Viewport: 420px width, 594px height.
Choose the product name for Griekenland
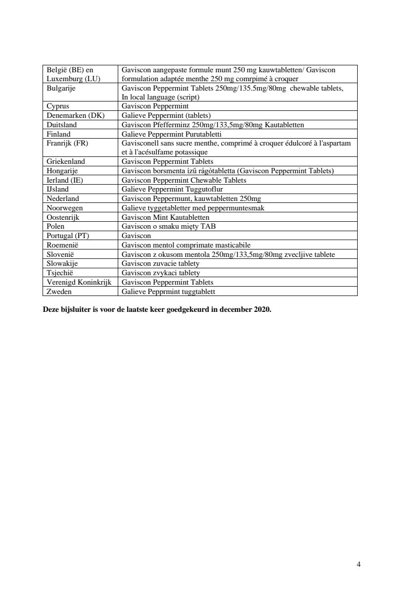coord(168,161)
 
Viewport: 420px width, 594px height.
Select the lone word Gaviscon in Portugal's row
coord(136,236)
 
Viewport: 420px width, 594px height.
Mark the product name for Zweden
coord(169,292)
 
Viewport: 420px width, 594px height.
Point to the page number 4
coord(358,564)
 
